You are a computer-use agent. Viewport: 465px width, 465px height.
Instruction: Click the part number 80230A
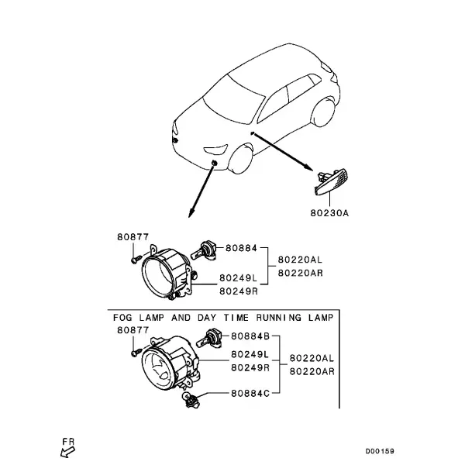pos(329,213)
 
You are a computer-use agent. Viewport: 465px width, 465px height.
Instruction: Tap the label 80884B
pos(250,336)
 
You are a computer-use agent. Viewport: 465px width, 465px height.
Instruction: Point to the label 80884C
pos(250,393)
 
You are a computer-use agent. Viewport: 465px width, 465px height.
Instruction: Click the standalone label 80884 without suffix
pos(241,248)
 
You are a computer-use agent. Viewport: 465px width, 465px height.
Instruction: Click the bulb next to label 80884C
pos(190,399)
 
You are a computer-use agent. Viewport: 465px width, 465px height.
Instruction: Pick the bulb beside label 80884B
pos(209,339)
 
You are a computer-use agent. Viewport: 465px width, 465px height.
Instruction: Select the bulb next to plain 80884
pos(204,251)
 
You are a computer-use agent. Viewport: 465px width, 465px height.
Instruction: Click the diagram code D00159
pos(380,451)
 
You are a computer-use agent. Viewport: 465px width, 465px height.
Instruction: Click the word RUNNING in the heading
pos(278,318)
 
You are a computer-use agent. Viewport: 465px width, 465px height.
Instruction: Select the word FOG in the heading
pos(122,318)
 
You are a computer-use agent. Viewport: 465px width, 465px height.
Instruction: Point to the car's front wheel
pos(241,158)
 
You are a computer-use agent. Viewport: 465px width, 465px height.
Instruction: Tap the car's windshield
pos(234,98)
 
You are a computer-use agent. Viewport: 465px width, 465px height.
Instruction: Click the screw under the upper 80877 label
pos(136,259)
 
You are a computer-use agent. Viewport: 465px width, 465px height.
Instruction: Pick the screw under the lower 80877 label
pos(136,353)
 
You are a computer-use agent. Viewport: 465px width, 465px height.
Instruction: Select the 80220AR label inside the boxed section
pos(312,371)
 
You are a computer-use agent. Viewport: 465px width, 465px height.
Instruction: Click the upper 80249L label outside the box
pos(239,278)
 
